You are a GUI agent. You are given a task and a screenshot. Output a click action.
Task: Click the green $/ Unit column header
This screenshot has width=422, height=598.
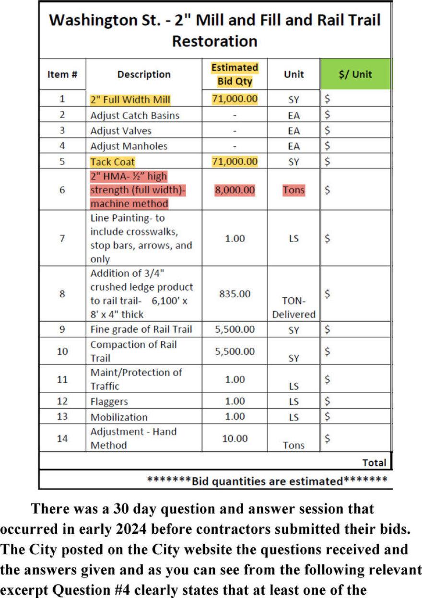[355, 74]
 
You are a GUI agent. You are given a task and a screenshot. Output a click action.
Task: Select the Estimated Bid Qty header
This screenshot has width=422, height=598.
[234, 74]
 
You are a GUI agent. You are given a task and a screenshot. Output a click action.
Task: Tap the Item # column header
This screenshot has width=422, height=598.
[62, 74]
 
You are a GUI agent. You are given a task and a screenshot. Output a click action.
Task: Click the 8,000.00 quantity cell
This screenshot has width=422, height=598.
[234, 190]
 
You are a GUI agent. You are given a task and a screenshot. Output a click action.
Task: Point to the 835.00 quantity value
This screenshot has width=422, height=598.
[234, 293]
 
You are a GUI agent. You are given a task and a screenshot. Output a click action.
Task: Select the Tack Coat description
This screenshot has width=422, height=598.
[113, 162]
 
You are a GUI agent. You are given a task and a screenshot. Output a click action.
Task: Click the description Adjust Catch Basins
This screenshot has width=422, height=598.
[135, 116]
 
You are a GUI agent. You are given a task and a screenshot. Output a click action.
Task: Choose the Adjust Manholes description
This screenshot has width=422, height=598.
[129, 146]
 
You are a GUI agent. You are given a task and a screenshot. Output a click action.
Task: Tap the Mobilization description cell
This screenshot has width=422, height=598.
[119, 417]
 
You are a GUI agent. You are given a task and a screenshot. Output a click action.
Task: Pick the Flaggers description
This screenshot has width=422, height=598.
[109, 401]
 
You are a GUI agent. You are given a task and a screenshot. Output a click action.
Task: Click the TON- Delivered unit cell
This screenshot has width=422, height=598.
[293, 307]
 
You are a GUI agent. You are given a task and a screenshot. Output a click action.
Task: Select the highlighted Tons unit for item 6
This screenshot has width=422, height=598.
[293, 190]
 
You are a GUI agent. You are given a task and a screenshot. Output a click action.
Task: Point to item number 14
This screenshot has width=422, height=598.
[62, 438]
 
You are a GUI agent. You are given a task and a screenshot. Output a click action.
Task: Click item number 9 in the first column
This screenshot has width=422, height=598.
[62, 329]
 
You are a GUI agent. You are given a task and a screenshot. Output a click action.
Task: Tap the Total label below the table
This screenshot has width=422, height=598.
[374, 462]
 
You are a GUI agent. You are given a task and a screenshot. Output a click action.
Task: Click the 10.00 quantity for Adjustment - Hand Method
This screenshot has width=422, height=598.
[234, 438]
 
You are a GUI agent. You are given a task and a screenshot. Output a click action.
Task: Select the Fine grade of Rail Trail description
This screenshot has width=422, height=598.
[141, 329]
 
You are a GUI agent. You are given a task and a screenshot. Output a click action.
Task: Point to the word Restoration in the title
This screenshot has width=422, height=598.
[214, 41]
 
